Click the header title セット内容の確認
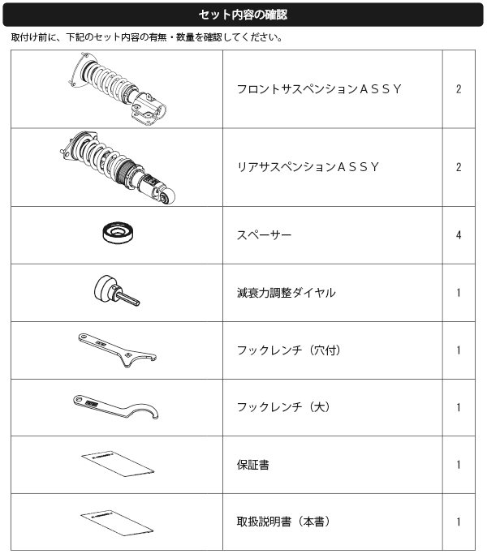coord(243,15)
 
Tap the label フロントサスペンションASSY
coord(319,89)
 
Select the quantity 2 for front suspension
coord(459,89)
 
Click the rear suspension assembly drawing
coord(118,167)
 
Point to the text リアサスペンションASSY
coord(308,167)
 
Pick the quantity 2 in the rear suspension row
coord(459,167)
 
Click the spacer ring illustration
coord(119,233)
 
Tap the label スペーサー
coord(264,235)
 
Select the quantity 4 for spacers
coord(459,235)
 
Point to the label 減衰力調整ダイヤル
coord(287,293)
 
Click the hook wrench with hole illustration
coord(118,350)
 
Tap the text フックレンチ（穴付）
coord(289,350)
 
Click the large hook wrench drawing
coord(116,407)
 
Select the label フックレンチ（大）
coord(283,407)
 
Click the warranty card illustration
coord(118,464)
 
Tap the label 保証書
coord(253,465)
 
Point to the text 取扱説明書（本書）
coord(283,522)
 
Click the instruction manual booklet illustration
coord(117,523)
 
